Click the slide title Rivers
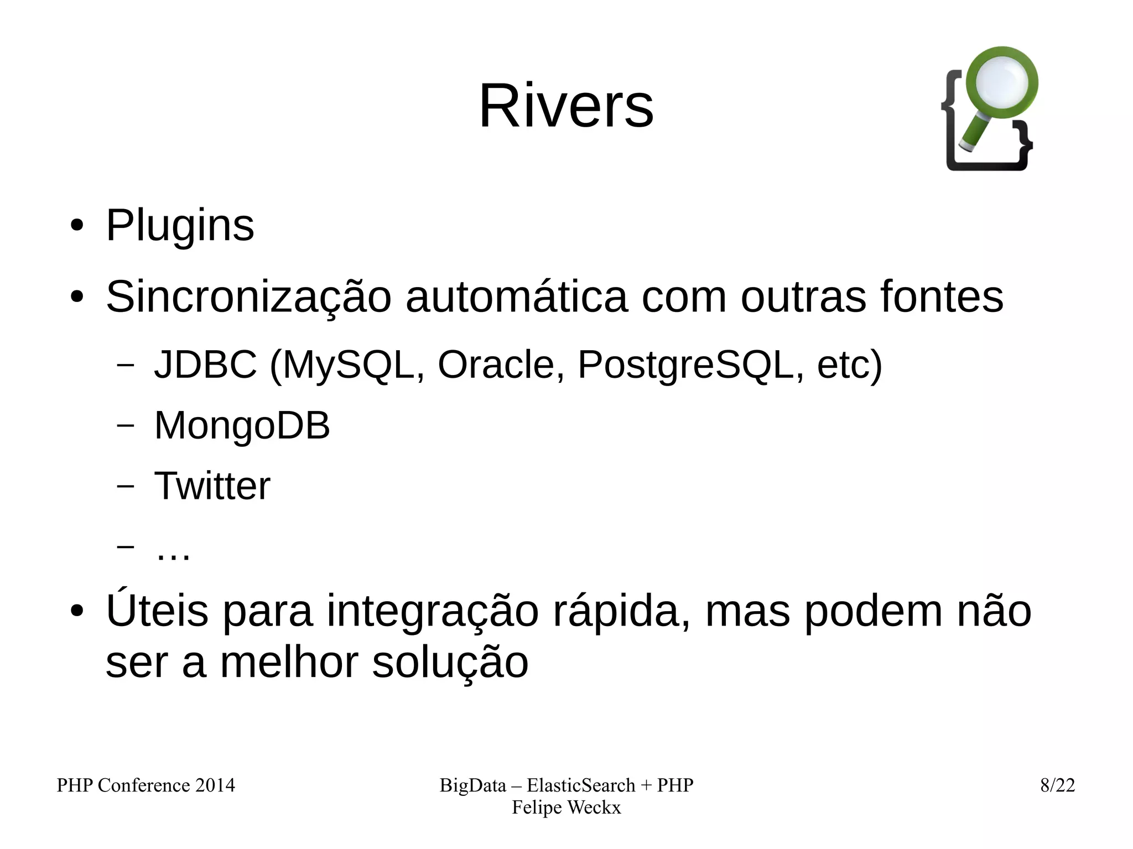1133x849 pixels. point(566,106)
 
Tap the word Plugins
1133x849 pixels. point(180,226)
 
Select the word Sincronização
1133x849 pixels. point(248,298)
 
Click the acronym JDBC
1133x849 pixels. point(205,364)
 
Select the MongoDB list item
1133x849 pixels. point(242,425)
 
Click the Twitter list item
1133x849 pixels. point(212,486)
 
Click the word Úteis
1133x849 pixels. point(157,611)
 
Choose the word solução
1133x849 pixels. point(450,663)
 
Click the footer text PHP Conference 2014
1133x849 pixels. point(145,785)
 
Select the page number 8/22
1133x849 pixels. point(1057,785)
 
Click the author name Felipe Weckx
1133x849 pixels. point(566,808)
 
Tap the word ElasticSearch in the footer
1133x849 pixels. point(580,785)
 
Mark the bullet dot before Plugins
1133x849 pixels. point(77,226)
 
